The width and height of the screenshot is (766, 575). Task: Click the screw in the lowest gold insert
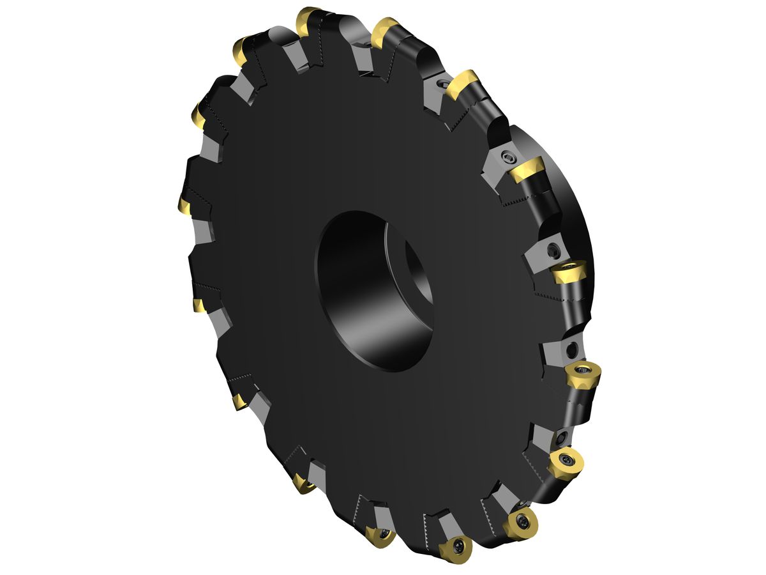point(459,545)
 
